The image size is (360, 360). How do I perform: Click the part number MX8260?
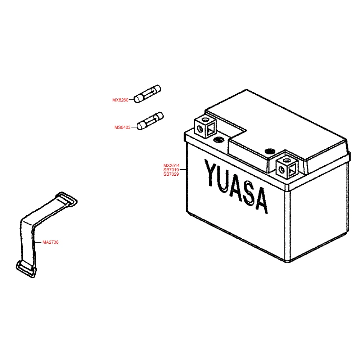pos(120,100)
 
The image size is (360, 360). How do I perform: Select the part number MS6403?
pos(122,127)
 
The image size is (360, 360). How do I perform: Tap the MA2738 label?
pos(50,242)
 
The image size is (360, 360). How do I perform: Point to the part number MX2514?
pos(171,166)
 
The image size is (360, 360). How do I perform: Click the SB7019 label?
pos(171,170)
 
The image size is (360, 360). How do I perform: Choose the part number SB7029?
pos(171,174)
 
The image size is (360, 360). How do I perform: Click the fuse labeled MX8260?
pos(148,94)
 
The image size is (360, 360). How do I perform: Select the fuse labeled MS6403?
pos(150,121)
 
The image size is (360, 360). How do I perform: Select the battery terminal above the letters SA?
pos(288,166)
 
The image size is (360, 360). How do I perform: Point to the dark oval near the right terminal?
pos(269,151)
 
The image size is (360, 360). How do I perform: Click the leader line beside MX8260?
pos(131,100)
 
